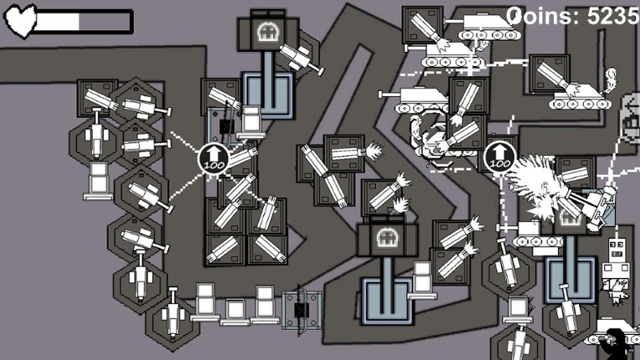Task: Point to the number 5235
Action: [x=613, y=15]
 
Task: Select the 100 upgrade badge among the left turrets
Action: [x=212, y=158]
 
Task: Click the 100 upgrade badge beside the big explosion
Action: [x=498, y=156]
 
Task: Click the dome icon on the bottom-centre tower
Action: [x=386, y=238]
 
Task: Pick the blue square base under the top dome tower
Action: [x=268, y=91]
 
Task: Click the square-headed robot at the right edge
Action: [x=616, y=255]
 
